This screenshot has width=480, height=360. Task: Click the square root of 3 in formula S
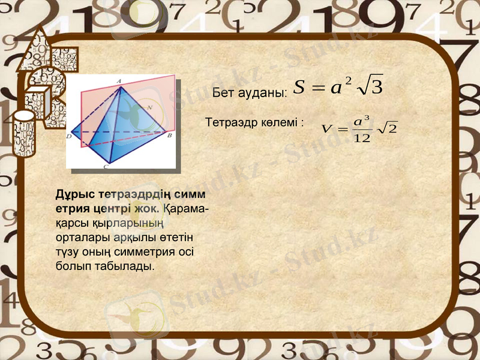pyautogui.click(x=370, y=88)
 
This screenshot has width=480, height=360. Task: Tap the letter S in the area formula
pyautogui.click(x=300, y=88)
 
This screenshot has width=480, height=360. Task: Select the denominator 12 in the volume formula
pyautogui.click(x=362, y=139)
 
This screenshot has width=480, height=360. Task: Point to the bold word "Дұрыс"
pyautogui.click(x=71, y=195)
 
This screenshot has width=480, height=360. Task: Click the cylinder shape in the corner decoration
pyautogui.click(x=25, y=133)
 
